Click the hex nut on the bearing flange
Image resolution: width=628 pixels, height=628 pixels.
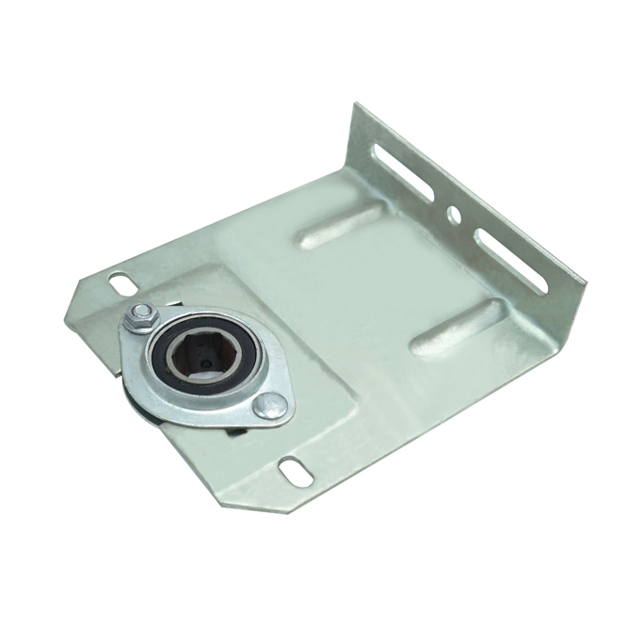[140, 317]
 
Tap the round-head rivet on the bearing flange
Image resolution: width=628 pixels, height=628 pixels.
[270, 405]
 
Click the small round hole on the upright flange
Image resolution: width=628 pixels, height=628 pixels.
[454, 216]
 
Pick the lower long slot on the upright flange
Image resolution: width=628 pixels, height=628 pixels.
[509, 260]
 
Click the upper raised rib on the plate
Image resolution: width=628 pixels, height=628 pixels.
[340, 226]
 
